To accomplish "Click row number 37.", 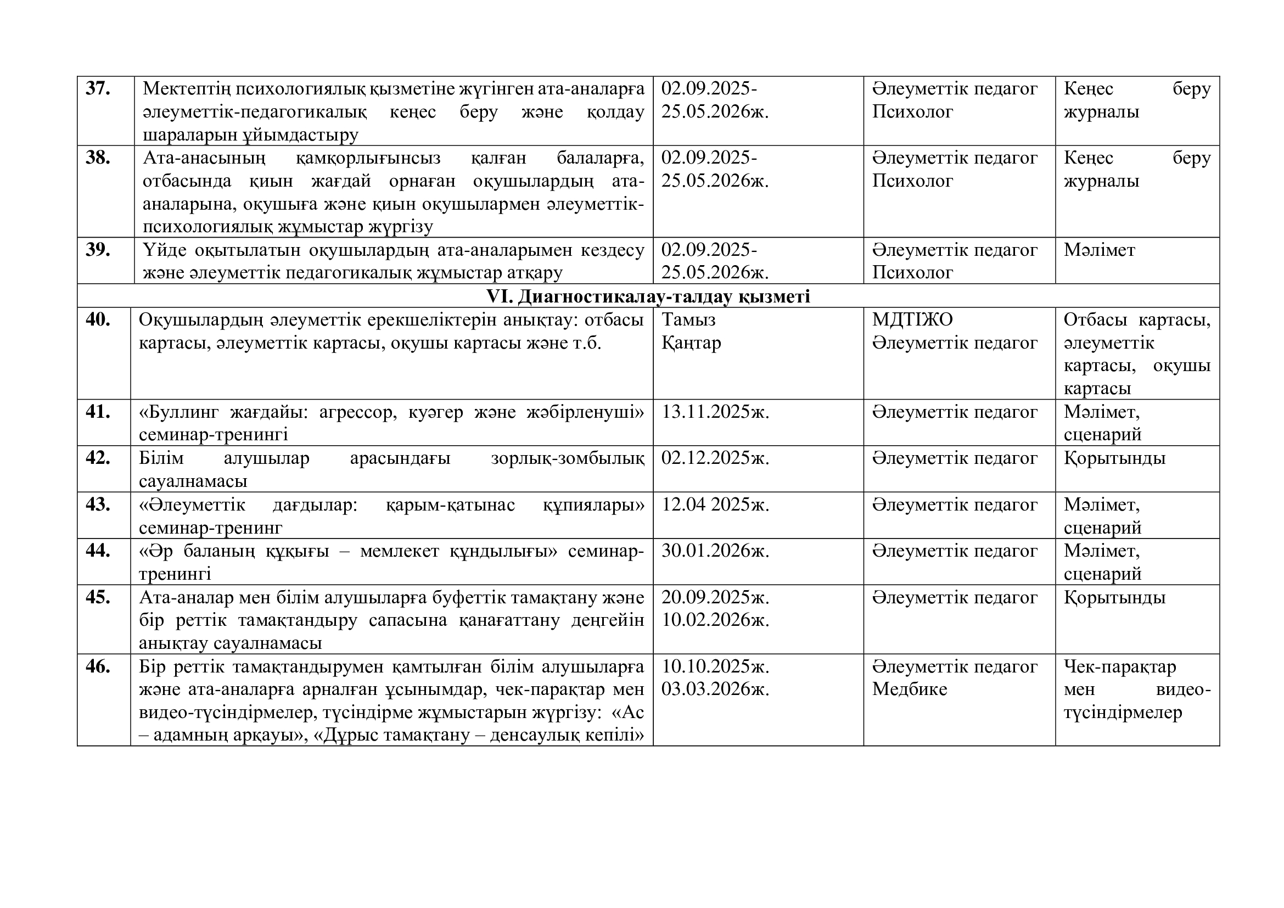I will click(x=97, y=89).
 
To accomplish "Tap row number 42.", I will click(x=97, y=458).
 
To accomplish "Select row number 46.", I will click(x=97, y=666).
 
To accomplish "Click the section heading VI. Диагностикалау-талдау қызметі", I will click(x=648, y=296).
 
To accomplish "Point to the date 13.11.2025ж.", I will click(x=715, y=412).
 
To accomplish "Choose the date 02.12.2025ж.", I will click(x=715, y=458).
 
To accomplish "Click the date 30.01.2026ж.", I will click(x=715, y=551).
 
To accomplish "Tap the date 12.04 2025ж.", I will click(x=715, y=505).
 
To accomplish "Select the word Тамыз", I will click(x=688, y=320).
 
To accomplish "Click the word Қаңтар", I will click(x=691, y=342).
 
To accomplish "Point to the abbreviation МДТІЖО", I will click(x=912, y=320).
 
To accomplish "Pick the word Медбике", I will click(x=909, y=690).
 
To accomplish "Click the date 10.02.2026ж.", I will click(x=715, y=620).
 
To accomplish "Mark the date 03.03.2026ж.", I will click(x=715, y=690).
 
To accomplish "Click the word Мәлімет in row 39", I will click(x=1099, y=250).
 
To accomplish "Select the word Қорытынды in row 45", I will click(x=1114, y=597).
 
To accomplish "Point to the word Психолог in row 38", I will click(x=912, y=181).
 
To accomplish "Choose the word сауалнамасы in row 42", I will click(x=193, y=481).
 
